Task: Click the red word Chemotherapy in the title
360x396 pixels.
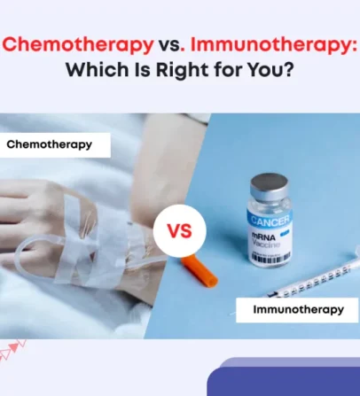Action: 78,45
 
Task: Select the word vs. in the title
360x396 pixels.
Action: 169,46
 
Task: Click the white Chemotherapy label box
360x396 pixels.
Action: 55,144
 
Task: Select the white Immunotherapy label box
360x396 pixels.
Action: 297,310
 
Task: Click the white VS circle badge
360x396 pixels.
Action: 180,230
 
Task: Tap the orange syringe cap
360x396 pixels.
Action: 200,271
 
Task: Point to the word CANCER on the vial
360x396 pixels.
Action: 270,220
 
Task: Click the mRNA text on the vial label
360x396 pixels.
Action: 263,237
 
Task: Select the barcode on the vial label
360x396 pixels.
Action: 270,256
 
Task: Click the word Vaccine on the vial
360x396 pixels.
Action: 265,244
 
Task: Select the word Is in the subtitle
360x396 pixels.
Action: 143,70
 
